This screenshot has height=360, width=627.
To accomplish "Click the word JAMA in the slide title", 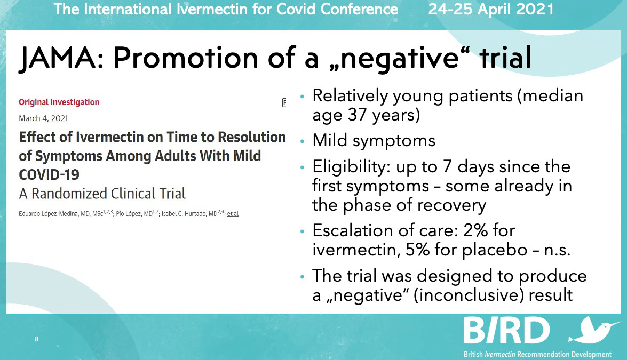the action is pyautogui.click(x=58, y=58).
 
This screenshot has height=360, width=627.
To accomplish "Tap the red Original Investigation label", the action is pyautogui.click(x=59, y=102).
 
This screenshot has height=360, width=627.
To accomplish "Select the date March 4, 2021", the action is pyautogui.click(x=43, y=118).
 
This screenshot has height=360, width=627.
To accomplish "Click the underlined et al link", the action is pyautogui.click(x=233, y=214).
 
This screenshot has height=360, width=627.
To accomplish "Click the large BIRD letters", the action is pyautogui.click(x=506, y=330).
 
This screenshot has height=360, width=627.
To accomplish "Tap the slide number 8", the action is pyautogui.click(x=37, y=339).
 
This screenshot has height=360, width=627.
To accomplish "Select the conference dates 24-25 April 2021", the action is pyautogui.click(x=491, y=9).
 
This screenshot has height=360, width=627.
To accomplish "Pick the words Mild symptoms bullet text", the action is pyautogui.click(x=374, y=141).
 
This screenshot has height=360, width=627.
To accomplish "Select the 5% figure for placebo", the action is pyautogui.click(x=417, y=250).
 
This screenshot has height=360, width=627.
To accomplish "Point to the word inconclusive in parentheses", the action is pyautogui.click(x=469, y=295).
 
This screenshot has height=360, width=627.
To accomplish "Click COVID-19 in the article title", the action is pyautogui.click(x=49, y=174).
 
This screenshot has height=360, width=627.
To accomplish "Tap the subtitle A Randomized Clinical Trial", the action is pyautogui.click(x=102, y=194).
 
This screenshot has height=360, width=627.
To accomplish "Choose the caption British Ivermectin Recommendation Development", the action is pyautogui.click(x=537, y=355).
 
